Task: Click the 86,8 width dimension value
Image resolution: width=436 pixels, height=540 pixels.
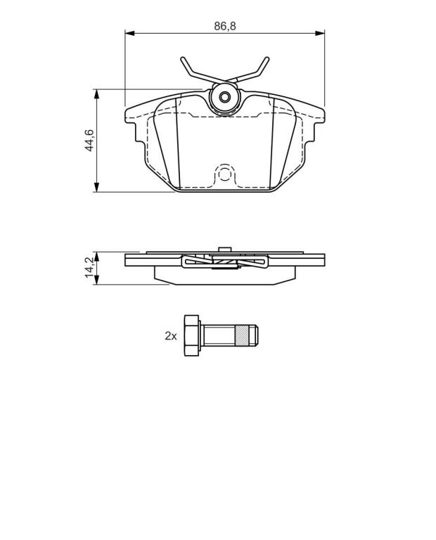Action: click(x=225, y=26)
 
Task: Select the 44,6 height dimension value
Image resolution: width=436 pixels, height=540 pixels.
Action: click(x=89, y=140)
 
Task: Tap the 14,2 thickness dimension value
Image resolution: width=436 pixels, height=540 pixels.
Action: click(x=89, y=268)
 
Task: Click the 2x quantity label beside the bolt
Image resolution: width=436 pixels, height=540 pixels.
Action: click(x=170, y=336)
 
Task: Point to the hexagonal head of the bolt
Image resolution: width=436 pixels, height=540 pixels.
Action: click(x=192, y=335)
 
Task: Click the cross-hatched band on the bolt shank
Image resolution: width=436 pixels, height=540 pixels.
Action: click(x=241, y=335)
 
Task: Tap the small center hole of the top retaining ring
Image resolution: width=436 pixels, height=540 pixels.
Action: click(x=225, y=98)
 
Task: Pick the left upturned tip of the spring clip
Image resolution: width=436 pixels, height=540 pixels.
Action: click(x=182, y=59)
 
